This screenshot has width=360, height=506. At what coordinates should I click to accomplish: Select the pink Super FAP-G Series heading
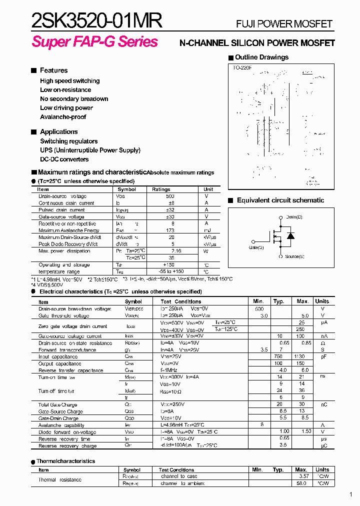pos(94,42)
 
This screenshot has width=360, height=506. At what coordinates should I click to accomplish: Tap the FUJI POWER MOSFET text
pos(284,24)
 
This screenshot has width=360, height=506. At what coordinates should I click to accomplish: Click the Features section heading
pos(53,70)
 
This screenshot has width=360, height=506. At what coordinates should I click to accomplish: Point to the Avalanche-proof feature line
pos(63,117)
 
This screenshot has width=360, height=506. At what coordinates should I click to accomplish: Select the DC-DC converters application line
pos(64,159)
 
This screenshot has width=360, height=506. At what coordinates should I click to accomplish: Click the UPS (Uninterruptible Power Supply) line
pos(90,150)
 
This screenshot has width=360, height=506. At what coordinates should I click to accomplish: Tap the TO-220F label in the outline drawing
pos(242,67)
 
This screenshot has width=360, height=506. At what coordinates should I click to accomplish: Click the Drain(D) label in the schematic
pos(294,217)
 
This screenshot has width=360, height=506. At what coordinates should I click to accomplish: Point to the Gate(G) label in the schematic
pos(256,247)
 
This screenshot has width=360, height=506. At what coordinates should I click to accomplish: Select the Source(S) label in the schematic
pos(294,256)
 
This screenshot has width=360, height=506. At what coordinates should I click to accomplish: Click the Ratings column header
pos(161,189)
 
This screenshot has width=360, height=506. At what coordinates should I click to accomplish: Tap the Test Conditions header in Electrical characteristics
pos(180,301)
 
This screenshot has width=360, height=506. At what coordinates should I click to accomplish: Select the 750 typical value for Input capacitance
pos(278,357)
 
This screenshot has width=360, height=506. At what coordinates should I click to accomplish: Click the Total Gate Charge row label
pos(57,404)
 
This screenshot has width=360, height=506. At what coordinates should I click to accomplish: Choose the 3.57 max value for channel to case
pos(301,476)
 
